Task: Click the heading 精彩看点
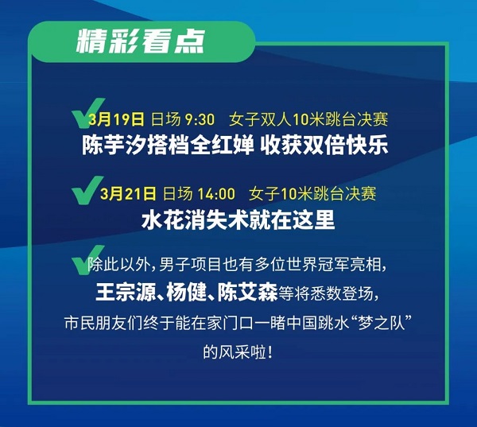141,41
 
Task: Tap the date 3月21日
128,194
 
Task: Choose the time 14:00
216,194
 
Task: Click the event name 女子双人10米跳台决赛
308,119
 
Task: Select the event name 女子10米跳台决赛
312,193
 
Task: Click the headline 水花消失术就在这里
238,219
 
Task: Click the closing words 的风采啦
235,353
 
